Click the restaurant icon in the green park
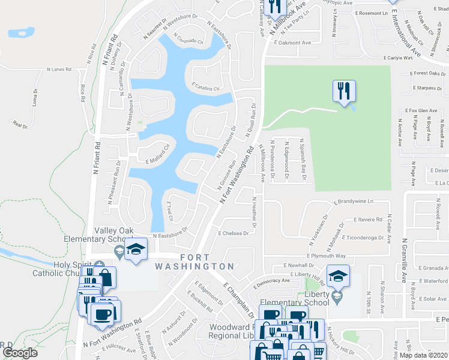[344, 91]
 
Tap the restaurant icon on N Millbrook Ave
[274, 7]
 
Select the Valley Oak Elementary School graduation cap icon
[136, 250]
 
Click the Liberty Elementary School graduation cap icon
[339, 277]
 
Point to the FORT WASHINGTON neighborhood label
[194, 266]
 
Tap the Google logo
[20, 352]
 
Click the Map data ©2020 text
[424, 355]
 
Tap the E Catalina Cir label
[206, 87]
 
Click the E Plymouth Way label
[327, 256]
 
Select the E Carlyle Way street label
[398, 58]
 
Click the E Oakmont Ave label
[294, 43]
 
